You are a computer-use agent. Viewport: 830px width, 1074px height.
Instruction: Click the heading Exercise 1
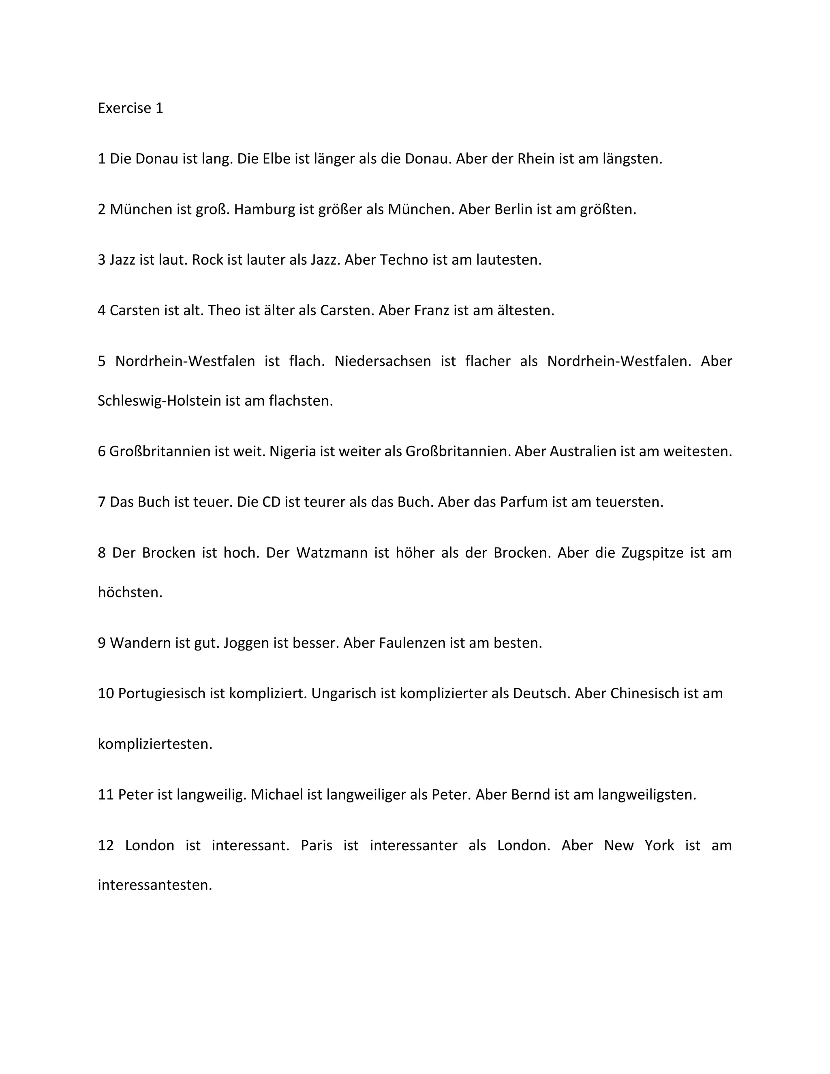click(x=130, y=108)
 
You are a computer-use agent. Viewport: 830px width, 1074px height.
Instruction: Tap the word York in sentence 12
click(x=659, y=845)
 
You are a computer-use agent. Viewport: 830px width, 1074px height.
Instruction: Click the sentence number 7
click(x=102, y=502)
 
